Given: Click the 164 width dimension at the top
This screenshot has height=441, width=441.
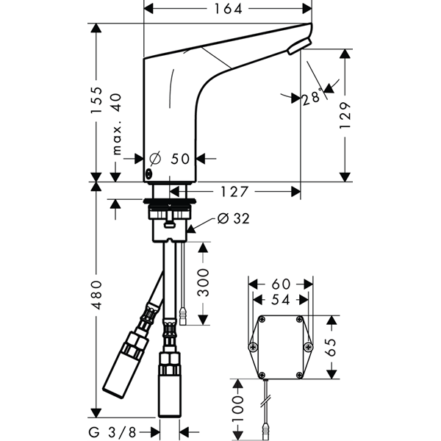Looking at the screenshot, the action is [228, 9].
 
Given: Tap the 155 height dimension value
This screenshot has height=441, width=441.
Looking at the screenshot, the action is [96, 100].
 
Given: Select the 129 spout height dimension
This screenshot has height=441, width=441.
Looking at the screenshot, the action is [345, 115].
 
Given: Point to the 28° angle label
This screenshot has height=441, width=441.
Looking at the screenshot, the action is [312, 97].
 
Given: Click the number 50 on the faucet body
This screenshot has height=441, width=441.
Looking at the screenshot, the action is [180, 159].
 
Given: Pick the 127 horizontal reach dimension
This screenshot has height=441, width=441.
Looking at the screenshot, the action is [234, 192].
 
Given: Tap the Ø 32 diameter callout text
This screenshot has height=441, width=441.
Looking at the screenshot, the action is [234, 218].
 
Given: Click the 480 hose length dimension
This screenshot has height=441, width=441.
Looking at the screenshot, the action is [96, 295].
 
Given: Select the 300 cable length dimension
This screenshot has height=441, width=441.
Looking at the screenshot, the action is [203, 283].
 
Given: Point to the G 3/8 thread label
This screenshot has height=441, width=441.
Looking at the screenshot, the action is [112, 432].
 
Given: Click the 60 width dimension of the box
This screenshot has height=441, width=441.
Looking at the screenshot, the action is [281, 284].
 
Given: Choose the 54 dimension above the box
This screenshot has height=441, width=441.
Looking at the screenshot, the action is [281, 300].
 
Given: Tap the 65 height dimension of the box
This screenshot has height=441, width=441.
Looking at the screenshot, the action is [331, 348].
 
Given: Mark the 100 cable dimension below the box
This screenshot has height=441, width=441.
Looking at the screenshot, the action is [238, 409].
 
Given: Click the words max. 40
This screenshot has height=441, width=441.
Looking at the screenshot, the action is [116, 124].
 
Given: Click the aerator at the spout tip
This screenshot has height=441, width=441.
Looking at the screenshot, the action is [299, 46].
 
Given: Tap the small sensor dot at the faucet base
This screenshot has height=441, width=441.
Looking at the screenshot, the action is [148, 175].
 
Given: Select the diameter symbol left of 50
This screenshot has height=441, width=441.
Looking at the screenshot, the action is [155, 159].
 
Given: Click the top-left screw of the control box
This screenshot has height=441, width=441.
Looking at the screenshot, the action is [262, 319].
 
